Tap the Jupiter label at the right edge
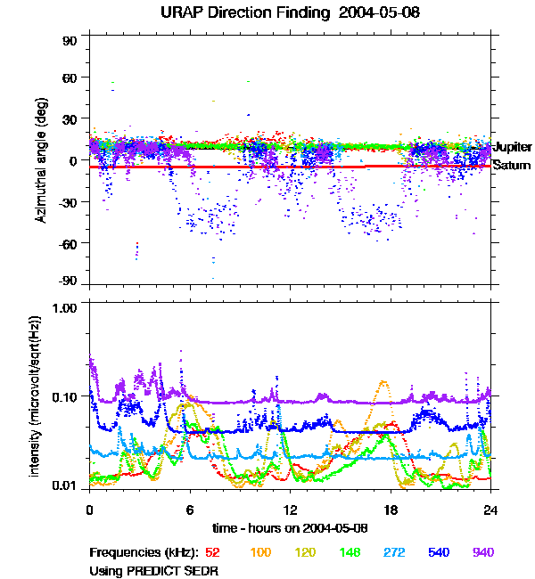[x=513, y=146]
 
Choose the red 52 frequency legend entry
[x=212, y=552]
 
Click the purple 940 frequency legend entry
[x=482, y=552]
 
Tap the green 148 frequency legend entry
[x=351, y=552]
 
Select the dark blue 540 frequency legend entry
[x=439, y=552]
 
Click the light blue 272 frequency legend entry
[x=394, y=552]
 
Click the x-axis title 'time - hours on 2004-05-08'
[x=291, y=528]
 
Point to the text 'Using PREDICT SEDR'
[x=153, y=569]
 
